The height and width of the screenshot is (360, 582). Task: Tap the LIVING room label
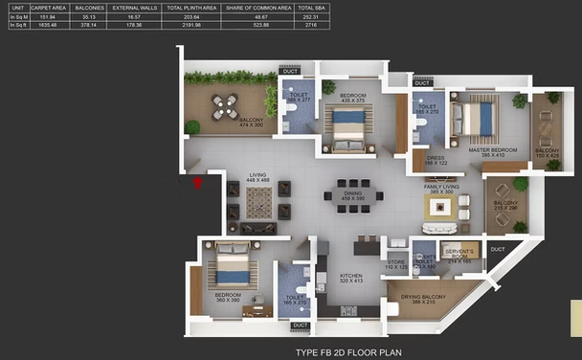(x=257, y=175)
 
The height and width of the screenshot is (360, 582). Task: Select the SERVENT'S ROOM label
(x=459, y=254)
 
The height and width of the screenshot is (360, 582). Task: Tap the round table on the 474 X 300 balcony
(x=225, y=107)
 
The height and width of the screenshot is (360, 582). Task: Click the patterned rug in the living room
(x=257, y=203)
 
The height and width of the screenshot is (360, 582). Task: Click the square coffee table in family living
(x=442, y=208)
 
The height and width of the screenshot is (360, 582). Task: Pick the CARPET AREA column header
(x=46, y=7)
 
